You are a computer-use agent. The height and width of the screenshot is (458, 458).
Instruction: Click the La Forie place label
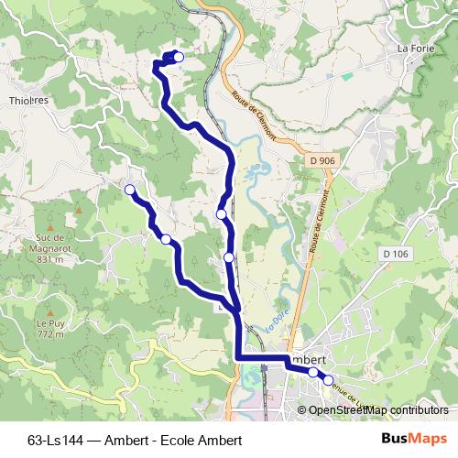click(x=415, y=49)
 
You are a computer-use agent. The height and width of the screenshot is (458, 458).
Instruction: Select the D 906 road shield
click(x=320, y=161)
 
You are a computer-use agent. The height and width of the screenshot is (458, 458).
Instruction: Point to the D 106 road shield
click(x=396, y=254)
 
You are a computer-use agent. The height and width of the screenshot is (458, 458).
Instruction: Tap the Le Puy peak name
click(x=49, y=323)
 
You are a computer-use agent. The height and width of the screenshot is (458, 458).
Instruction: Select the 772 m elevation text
click(x=49, y=334)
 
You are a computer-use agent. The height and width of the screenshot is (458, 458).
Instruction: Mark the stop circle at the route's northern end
click(x=179, y=58)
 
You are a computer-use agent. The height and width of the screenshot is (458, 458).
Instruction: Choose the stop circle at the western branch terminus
click(x=129, y=190)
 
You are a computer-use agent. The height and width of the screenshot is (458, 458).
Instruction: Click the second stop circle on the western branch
click(x=166, y=239)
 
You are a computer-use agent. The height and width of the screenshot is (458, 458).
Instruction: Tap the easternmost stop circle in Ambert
click(x=328, y=378)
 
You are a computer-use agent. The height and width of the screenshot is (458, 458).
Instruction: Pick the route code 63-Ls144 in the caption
click(x=56, y=440)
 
